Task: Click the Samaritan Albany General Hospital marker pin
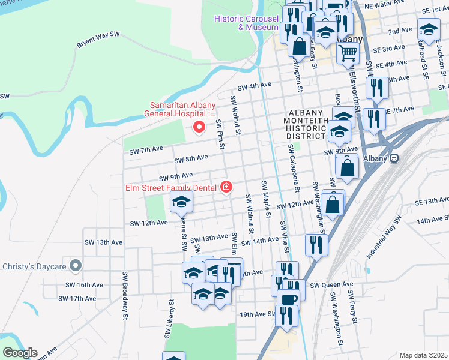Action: (x=199, y=127)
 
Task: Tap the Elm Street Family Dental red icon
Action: (x=226, y=188)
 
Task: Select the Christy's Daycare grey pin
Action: (x=74, y=265)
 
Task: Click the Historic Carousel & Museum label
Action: (x=247, y=23)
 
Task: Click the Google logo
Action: (x=19, y=353)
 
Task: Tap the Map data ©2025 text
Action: (x=423, y=355)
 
